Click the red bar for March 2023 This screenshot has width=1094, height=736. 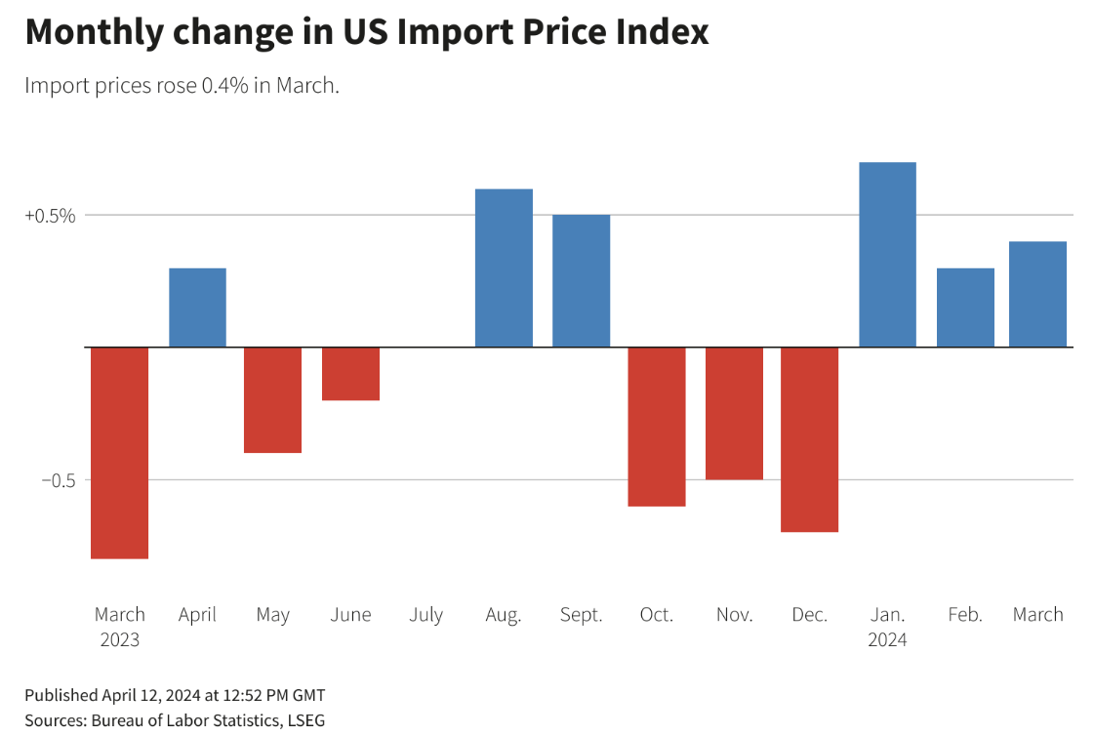(x=119, y=453)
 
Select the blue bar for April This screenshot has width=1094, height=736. (x=197, y=307)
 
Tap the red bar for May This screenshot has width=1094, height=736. (x=272, y=400)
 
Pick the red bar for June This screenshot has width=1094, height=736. (x=350, y=374)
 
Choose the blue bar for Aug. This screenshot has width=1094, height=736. (x=504, y=267)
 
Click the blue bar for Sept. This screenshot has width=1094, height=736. (x=581, y=281)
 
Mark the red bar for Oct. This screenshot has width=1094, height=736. (x=657, y=427)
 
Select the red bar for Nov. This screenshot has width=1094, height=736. (x=734, y=414)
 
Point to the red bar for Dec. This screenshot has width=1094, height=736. (x=810, y=439)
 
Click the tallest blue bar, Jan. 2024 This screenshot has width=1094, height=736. (x=887, y=255)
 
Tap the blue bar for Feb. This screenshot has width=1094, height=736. (x=965, y=307)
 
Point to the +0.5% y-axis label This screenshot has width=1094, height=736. (x=50, y=216)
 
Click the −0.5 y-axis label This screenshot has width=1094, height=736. (x=58, y=480)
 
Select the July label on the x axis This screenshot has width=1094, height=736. (x=426, y=615)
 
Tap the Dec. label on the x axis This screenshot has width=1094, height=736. (x=810, y=615)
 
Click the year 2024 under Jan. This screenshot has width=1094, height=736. (x=887, y=640)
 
